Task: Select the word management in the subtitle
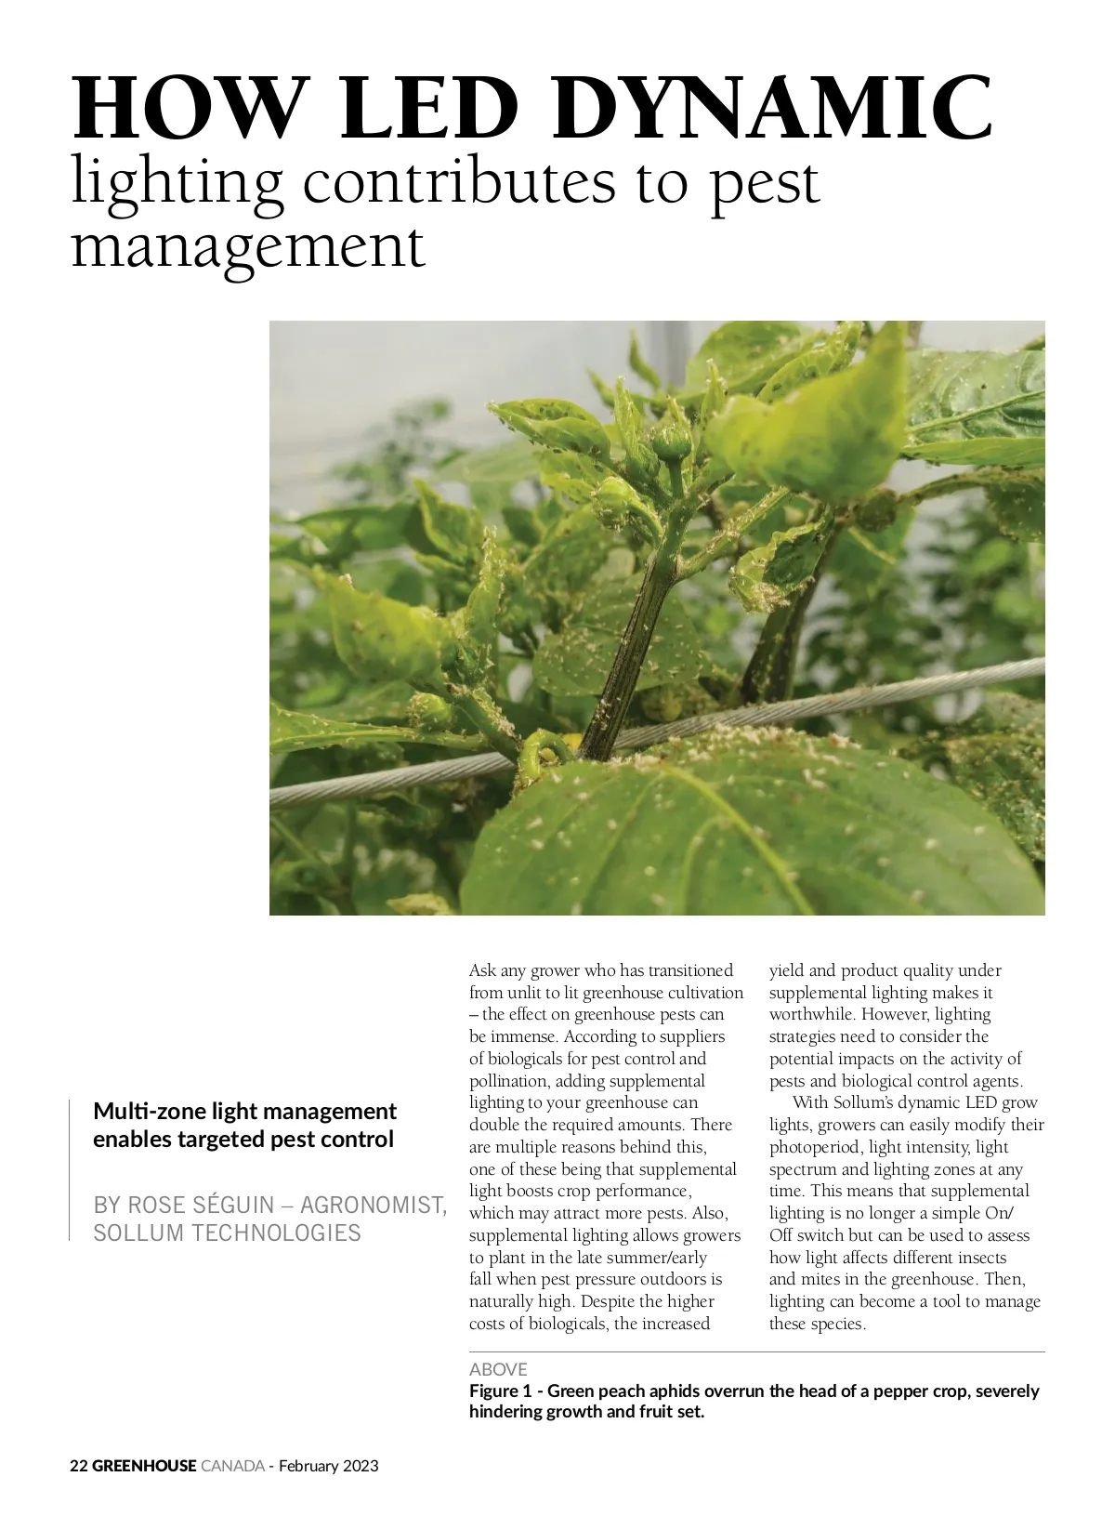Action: click(248, 245)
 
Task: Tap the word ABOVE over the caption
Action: click(498, 1369)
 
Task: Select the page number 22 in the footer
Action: click(79, 1466)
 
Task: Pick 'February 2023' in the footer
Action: click(329, 1466)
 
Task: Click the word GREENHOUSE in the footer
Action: click(144, 1466)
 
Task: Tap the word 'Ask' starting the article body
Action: click(482, 970)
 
